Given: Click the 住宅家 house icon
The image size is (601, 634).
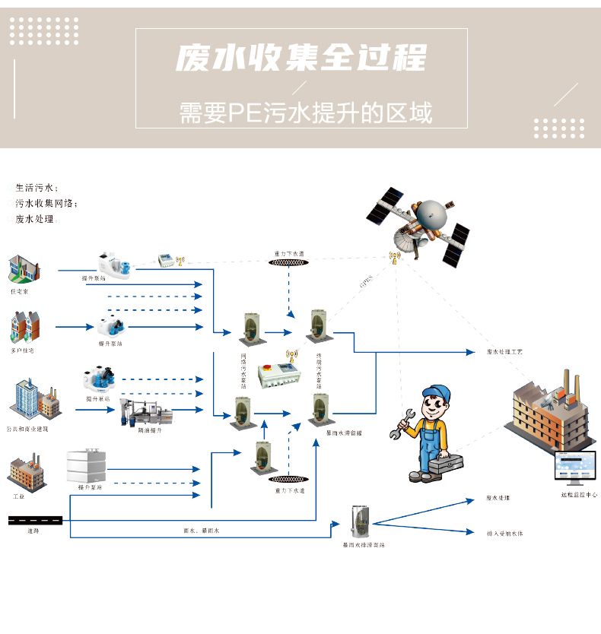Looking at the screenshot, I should tap(24, 268).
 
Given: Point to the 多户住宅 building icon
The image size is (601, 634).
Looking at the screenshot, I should tap(24, 327).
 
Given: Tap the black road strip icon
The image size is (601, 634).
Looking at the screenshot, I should tap(34, 520).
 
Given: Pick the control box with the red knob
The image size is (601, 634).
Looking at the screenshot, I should tap(275, 376).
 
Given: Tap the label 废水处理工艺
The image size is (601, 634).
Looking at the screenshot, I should tap(504, 353).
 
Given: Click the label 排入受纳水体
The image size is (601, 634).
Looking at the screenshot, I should tap(504, 534).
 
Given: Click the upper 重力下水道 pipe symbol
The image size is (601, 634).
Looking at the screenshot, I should tap(289, 262).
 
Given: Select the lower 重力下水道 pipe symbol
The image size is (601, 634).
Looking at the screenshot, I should tap(289, 480).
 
